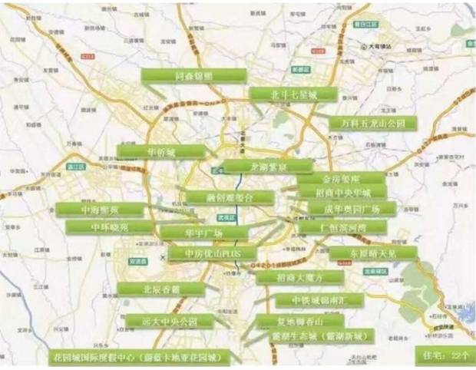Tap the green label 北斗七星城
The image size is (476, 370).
click(x=294, y=94)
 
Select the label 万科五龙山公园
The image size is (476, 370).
click(x=372, y=124)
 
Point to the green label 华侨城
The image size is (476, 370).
click(x=161, y=151)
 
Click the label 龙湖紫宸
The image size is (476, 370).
click(x=267, y=166)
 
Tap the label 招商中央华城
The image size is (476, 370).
click(x=345, y=193)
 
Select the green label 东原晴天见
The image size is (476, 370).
click(x=372, y=253)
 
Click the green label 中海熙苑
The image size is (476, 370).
click(x=101, y=210)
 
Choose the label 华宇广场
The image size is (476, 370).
click(x=203, y=232)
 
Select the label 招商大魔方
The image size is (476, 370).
click(x=289, y=277)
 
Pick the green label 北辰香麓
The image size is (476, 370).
click(x=161, y=289)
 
